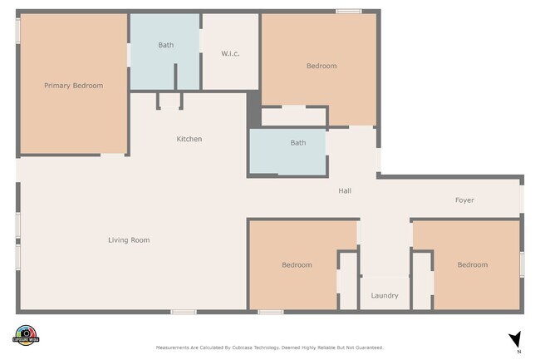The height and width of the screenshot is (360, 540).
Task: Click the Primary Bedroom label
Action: (74, 85)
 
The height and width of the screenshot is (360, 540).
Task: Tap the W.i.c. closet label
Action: (230, 54)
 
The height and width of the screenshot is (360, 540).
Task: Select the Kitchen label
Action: (189, 139)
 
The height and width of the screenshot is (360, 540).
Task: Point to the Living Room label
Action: (129, 240)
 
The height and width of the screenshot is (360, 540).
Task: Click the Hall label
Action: (345, 191)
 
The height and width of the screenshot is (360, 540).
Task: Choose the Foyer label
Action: (464, 200)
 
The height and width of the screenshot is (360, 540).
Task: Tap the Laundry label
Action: (385, 295)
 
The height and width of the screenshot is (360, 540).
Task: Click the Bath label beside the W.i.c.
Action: (166, 45)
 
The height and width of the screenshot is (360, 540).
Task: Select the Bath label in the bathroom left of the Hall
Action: (297, 142)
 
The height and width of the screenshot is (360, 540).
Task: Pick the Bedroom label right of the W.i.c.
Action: (322, 66)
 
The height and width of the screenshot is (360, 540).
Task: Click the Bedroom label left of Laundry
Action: (297, 265)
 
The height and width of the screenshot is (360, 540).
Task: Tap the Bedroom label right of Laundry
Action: (472, 264)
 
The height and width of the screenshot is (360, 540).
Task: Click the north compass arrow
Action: (515, 339)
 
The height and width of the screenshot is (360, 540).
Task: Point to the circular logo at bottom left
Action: (26, 334)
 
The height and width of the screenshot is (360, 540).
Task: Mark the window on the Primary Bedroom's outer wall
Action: (17, 31)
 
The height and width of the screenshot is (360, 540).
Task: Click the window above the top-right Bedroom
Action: (348, 11)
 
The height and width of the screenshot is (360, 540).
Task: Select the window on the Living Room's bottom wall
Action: (183, 312)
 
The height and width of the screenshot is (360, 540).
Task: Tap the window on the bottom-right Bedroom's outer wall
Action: (522, 264)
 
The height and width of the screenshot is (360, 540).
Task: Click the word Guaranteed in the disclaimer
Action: (367, 348)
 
